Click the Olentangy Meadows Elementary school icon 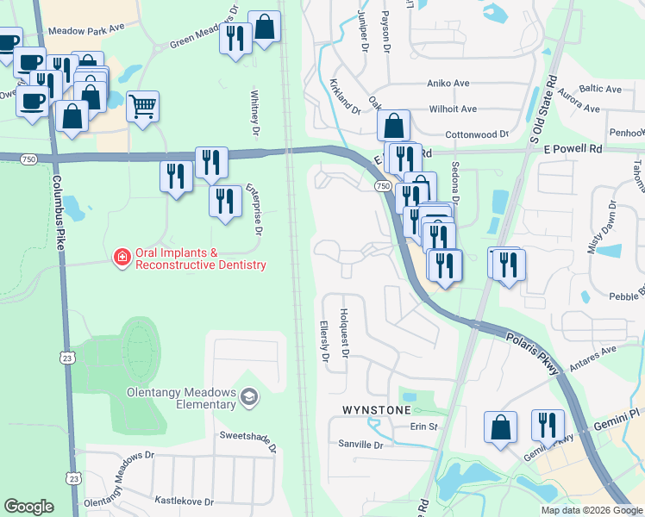249,396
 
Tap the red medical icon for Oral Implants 122,257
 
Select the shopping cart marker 142,107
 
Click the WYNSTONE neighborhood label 377,408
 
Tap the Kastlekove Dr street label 183,501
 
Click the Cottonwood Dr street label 477,134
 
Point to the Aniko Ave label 448,84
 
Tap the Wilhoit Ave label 453,109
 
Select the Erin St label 424,427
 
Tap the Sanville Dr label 360,445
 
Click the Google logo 29,507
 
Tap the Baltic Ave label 600,89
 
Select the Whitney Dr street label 254,114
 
